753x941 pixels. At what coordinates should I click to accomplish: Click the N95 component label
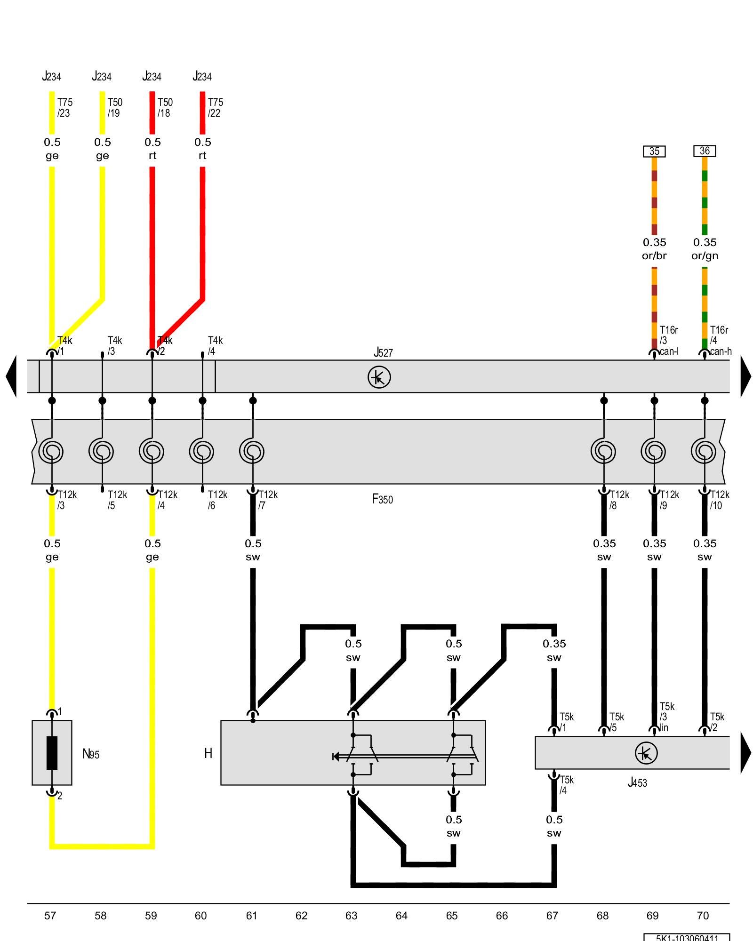91,754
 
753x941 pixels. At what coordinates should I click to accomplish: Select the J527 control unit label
383,352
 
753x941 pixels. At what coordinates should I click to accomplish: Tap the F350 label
382,499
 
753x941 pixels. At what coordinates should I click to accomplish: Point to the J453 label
637,782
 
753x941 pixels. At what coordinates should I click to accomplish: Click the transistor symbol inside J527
379,377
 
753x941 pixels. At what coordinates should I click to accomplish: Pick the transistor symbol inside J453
646,753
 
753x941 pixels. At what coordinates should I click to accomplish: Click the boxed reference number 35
654,152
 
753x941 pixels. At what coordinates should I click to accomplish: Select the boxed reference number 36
705,151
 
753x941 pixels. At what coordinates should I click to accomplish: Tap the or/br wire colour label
654,256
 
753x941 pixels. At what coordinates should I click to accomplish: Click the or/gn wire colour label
705,256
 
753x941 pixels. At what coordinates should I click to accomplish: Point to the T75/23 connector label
64,108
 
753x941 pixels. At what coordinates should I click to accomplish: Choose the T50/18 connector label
165,108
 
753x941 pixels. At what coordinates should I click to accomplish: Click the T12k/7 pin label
267,500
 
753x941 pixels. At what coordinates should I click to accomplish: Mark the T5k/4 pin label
566,785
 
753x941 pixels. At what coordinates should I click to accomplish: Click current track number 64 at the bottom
401,916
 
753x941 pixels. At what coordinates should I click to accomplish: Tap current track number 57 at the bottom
50,916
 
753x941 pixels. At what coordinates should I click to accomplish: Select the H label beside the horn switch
208,753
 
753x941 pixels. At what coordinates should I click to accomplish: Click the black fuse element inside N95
52,753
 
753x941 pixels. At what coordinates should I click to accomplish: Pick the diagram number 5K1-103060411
687,937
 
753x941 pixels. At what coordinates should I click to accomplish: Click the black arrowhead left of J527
11,376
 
